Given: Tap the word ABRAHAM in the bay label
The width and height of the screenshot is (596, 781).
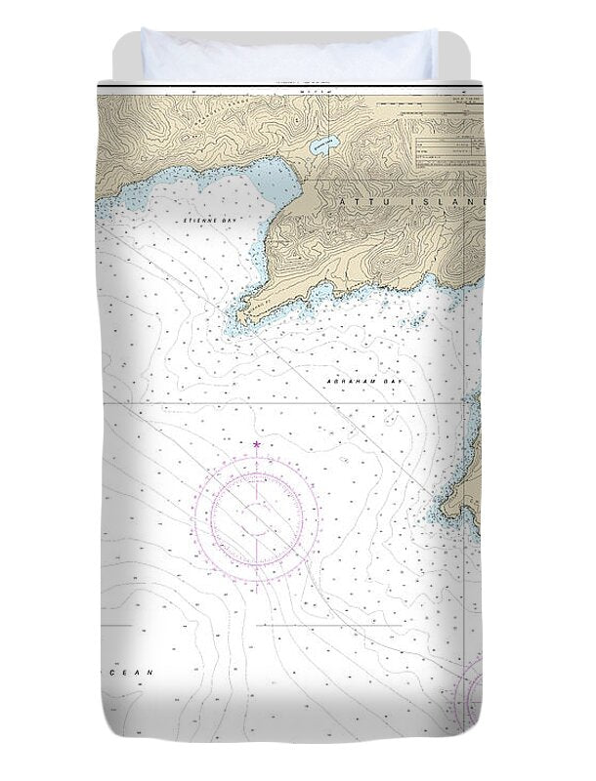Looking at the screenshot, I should pyautogui.click(x=347, y=381).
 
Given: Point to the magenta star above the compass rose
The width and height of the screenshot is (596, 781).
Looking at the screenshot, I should pyautogui.click(x=257, y=445).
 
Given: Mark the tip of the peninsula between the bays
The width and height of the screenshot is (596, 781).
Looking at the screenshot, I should pyautogui.click(x=237, y=317).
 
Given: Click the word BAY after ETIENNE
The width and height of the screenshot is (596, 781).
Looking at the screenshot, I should pyautogui.click(x=231, y=222).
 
